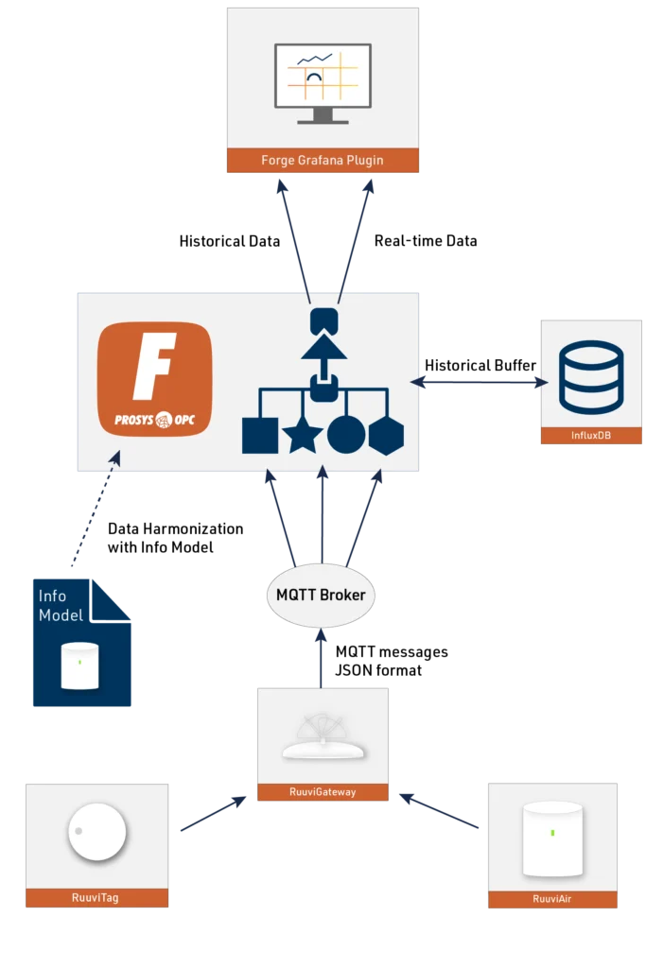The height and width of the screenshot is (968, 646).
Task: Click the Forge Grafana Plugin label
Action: (x=323, y=161)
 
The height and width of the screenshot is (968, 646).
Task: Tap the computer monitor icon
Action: (x=323, y=83)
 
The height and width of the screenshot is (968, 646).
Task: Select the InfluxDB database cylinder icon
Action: (x=590, y=378)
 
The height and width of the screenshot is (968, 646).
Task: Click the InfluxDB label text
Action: (x=590, y=436)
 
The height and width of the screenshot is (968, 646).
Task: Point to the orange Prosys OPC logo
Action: (x=155, y=379)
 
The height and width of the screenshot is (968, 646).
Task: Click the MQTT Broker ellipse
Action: (x=321, y=596)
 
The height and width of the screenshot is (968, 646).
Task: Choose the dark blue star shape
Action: (x=303, y=435)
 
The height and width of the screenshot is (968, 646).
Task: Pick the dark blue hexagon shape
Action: (x=386, y=435)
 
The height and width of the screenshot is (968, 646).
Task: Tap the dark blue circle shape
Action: (x=346, y=435)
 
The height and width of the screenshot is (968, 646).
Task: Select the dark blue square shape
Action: (x=260, y=435)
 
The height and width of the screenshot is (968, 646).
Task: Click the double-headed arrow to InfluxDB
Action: (x=480, y=383)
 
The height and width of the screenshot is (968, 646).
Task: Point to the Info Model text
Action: (x=61, y=606)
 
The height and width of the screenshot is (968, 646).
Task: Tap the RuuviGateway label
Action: (x=323, y=792)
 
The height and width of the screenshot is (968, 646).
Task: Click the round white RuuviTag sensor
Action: (x=96, y=834)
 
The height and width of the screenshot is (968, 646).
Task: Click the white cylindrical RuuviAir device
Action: (x=552, y=839)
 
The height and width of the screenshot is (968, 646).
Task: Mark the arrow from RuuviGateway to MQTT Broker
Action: (x=322, y=657)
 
